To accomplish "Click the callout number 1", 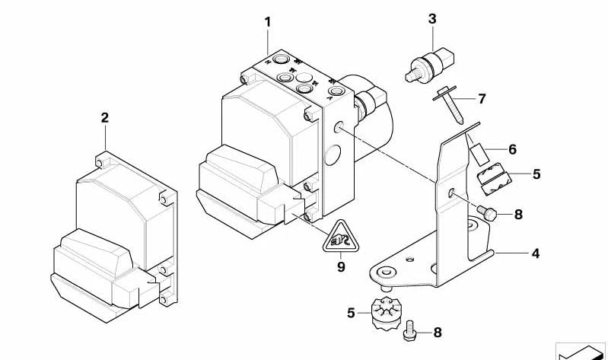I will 268,22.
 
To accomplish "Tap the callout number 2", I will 105,118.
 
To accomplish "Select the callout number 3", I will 432,19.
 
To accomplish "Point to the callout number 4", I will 536,253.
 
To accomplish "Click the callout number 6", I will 512,150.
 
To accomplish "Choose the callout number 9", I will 341,267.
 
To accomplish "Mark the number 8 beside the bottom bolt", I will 437,333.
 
